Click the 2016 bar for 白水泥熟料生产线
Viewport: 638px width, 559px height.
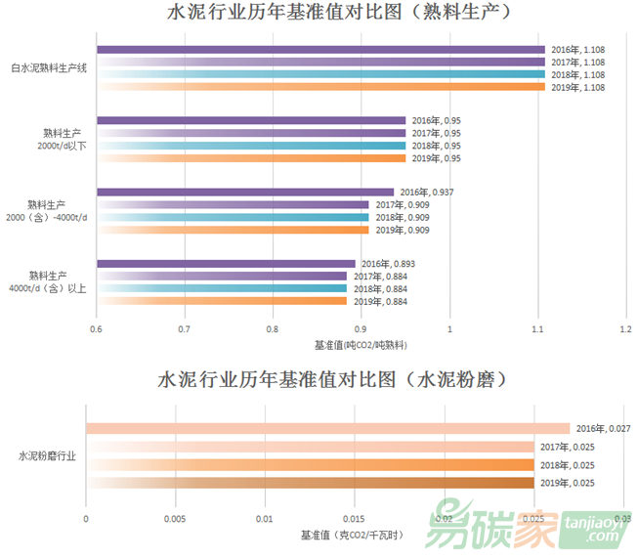(320, 50)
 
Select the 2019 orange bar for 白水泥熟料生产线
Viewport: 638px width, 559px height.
(320, 87)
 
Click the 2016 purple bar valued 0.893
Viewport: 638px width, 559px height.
(226, 264)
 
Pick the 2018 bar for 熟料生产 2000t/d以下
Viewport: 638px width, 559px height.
(251, 146)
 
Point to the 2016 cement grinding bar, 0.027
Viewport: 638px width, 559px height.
(327, 428)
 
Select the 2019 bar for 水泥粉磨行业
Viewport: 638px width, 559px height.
(310, 483)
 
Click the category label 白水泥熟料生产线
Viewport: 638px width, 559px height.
(49, 68)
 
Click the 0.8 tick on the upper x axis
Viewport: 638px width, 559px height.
(273, 329)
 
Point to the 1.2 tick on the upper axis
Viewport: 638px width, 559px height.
(625, 329)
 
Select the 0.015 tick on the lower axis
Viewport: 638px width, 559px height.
(354, 518)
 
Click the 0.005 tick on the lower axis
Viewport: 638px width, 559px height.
(175, 518)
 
